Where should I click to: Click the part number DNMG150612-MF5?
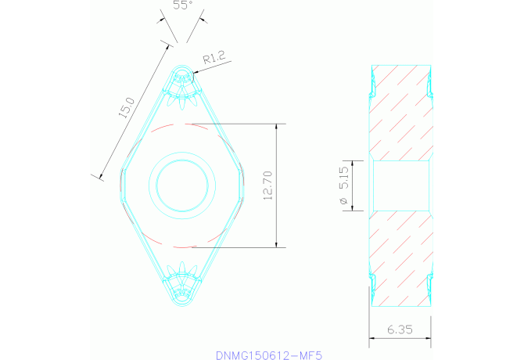(x=268, y=355)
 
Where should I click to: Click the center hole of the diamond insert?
(x=183, y=185)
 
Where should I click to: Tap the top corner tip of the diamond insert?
(x=183, y=67)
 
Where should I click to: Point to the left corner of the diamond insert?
(x=120, y=185)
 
